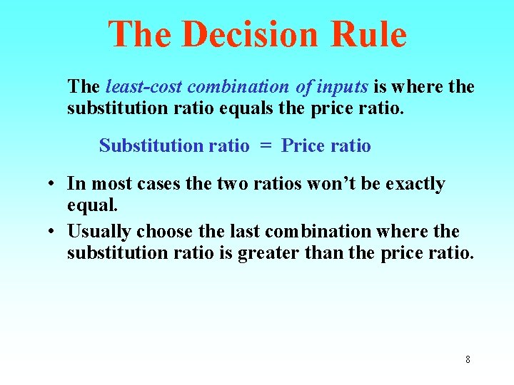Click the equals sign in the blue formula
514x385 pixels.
266,146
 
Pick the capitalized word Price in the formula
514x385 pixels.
302,146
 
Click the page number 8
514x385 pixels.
468,359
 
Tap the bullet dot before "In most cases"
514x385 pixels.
53,184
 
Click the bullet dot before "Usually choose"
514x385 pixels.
53,232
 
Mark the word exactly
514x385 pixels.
415,184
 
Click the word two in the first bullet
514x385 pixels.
232,184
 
